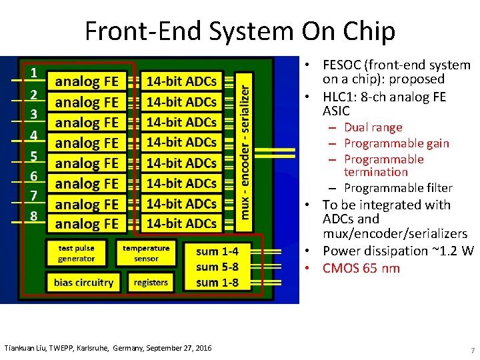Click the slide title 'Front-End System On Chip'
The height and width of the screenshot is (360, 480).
(x=240, y=31)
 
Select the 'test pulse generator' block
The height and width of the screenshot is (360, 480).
(x=77, y=253)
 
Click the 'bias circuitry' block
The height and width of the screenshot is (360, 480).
(x=83, y=282)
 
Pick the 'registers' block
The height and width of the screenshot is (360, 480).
(x=151, y=282)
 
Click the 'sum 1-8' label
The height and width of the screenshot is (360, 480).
(x=217, y=283)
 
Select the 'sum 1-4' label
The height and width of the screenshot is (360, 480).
(x=217, y=251)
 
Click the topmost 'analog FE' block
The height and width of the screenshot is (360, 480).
(x=87, y=82)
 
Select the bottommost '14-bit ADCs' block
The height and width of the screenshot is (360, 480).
(x=181, y=223)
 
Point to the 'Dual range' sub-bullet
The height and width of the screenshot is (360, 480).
(x=373, y=127)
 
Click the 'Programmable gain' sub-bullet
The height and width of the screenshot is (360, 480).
(x=396, y=143)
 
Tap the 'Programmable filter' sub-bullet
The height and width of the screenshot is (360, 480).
(x=397, y=188)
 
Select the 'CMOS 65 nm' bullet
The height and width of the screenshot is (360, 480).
(x=361, y=268)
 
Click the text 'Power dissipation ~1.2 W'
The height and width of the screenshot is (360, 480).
(x=397, y=251)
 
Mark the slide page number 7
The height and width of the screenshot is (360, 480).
(x=472, y=351)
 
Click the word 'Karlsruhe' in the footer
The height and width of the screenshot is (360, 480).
(x=93, y=348)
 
